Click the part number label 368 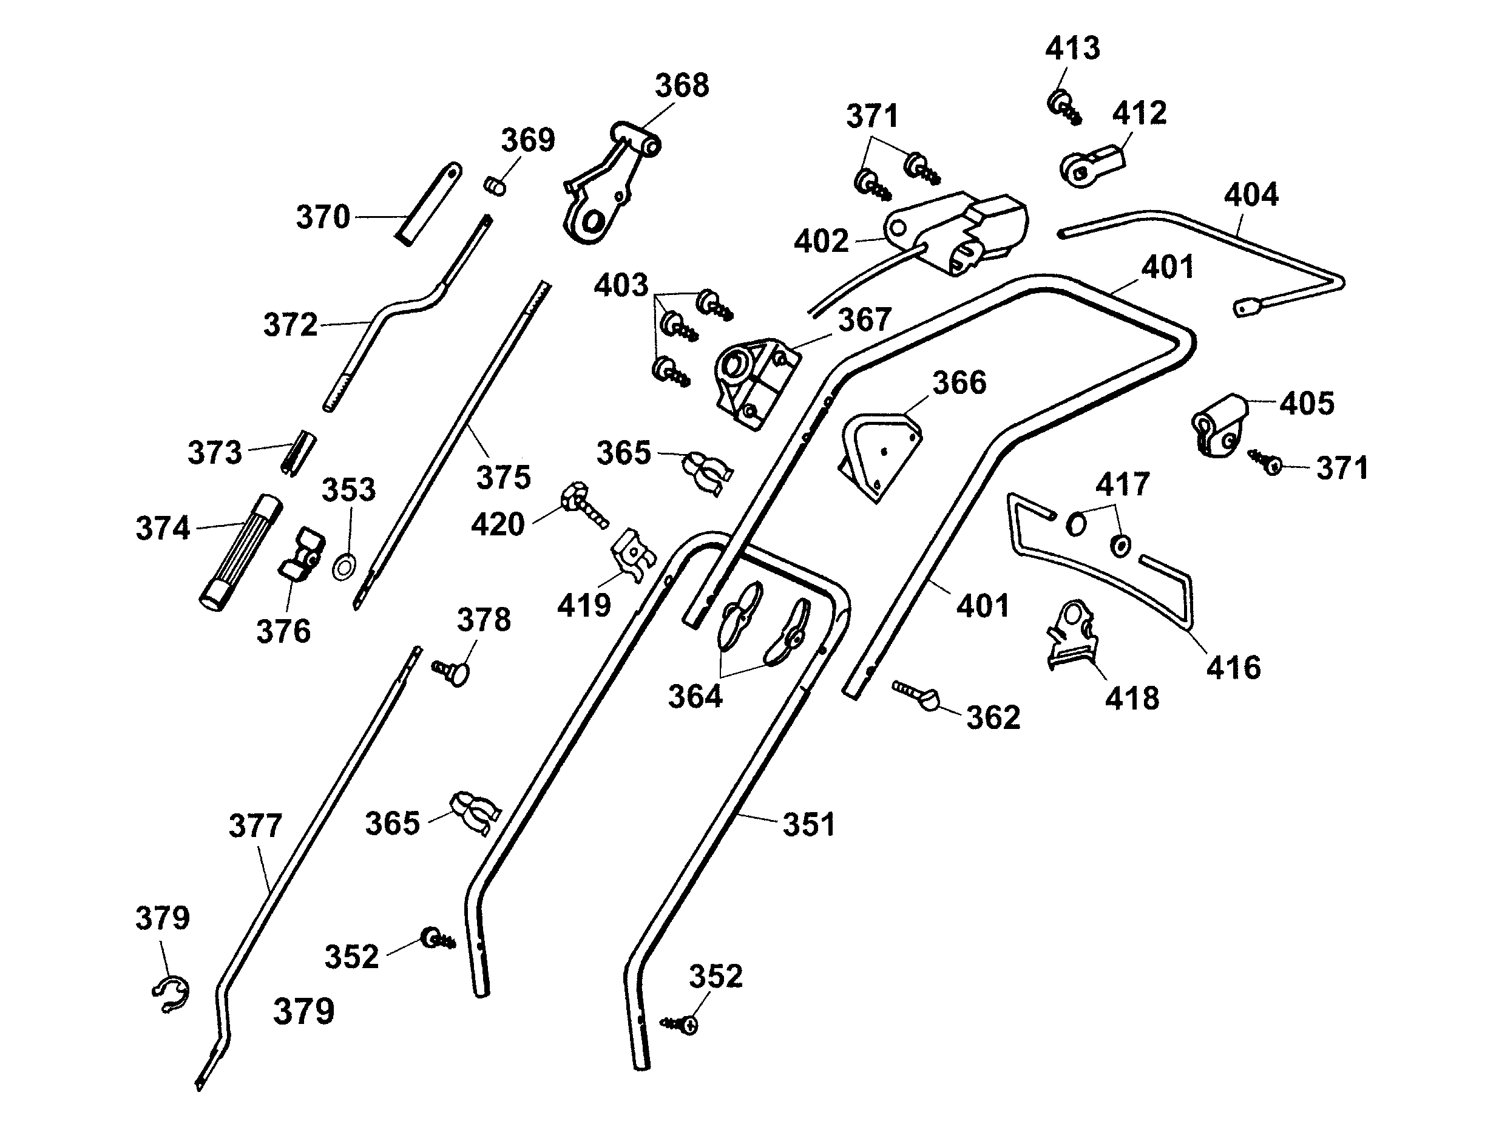(682, 86)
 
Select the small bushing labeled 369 (495, 185)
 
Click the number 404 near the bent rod (1251, 195)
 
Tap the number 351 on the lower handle (809, 825)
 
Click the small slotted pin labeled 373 (298, 452)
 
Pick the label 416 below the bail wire (1233, 668)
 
